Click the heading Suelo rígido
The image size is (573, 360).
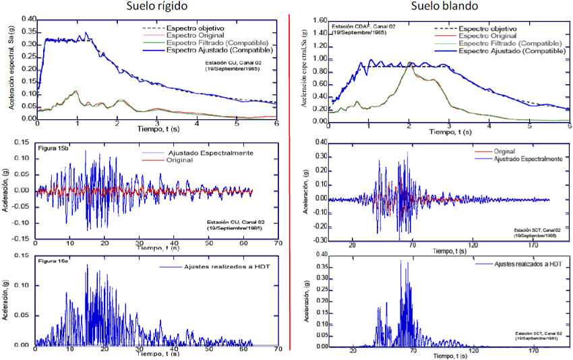tap(157, 7)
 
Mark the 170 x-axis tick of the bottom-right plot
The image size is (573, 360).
tap(533, 351)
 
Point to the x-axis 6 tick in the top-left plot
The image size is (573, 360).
tap(276, 124)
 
